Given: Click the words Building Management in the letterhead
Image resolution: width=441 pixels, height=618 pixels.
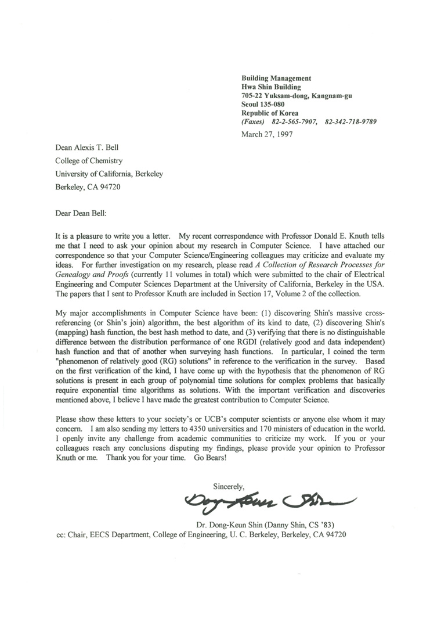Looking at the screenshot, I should point(276,78).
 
